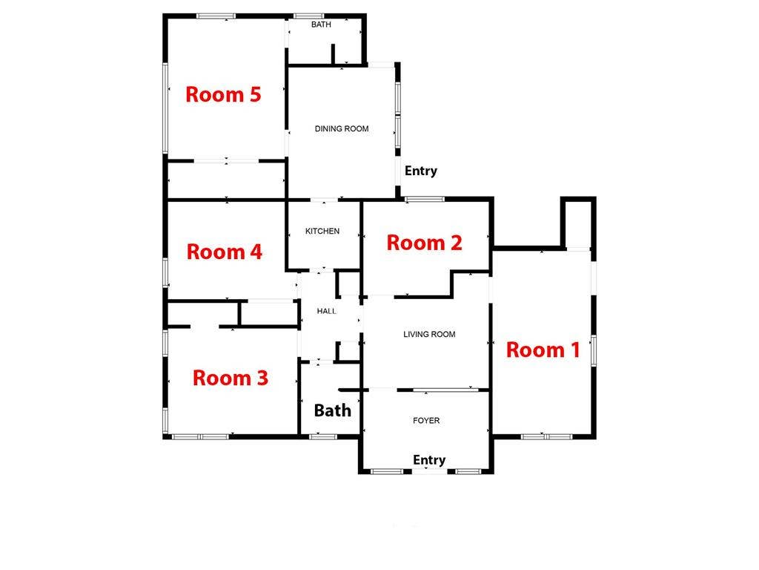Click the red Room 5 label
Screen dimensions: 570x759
click(223, 95)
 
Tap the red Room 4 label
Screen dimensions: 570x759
click(224, 252)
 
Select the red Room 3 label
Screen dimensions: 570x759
click(230, 378)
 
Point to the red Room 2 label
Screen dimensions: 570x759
click(425, 243)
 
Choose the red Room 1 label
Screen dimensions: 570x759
click(543, 350)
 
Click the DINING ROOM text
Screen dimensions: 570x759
click(341, 129)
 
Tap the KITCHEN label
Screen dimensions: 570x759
click(322, 232)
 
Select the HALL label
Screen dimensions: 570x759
click(326, 311)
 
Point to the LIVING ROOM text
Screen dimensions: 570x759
click(429, 335)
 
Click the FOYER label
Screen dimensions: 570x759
click(426, 421)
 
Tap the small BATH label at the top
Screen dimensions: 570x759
click(321, 24)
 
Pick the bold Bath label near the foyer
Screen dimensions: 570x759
click(332, 410)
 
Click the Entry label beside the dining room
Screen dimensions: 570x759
click(421, 171)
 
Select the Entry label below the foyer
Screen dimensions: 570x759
click(429, 460)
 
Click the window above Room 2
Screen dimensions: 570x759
click(425, 198)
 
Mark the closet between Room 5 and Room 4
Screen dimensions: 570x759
click(226, 180)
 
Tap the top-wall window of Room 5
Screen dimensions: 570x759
click(216, 16)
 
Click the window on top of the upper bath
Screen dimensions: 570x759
click(306, 16)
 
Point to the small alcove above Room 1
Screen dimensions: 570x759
click(578, 224)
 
